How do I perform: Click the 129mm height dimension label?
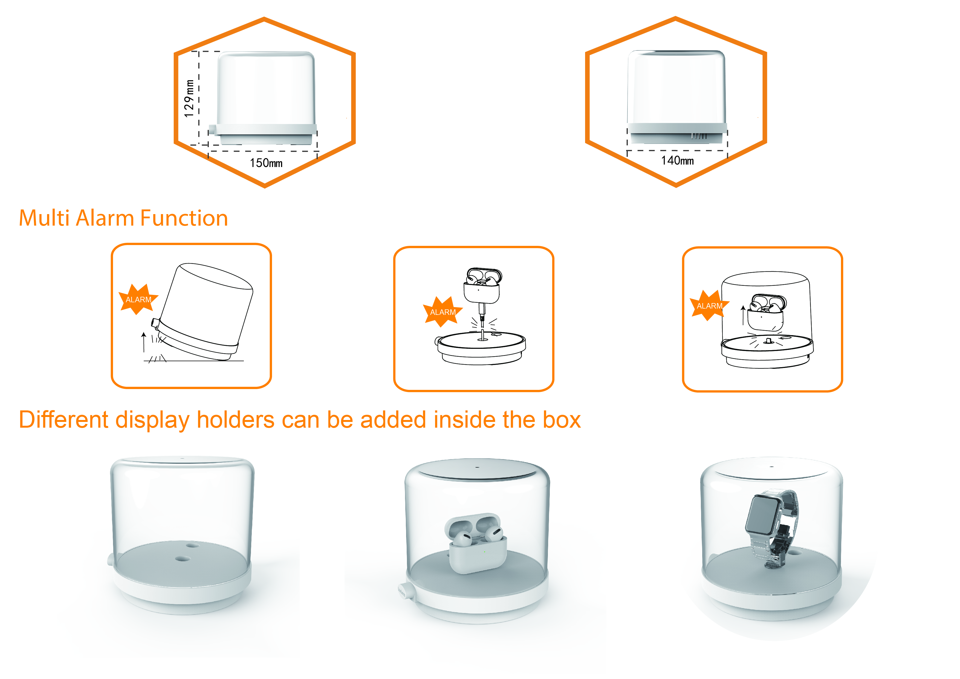pyautogui.click(x=189, y=98)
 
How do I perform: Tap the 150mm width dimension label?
pyautogui.click(x=266, y=163)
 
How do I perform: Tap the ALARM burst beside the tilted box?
pyautogui.click(x=138, y=299)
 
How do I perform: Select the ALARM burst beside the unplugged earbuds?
pyautogui.click(x=442, y=312)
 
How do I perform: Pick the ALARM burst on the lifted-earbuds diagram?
pyautogui.click(x=709, y=305)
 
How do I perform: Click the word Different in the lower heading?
pyautogui.click(x=63, y=420)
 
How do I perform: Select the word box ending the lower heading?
pyautogui.click(x=562, y=420)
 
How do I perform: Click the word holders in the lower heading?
pyautogui.click(x=235, y=420)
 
